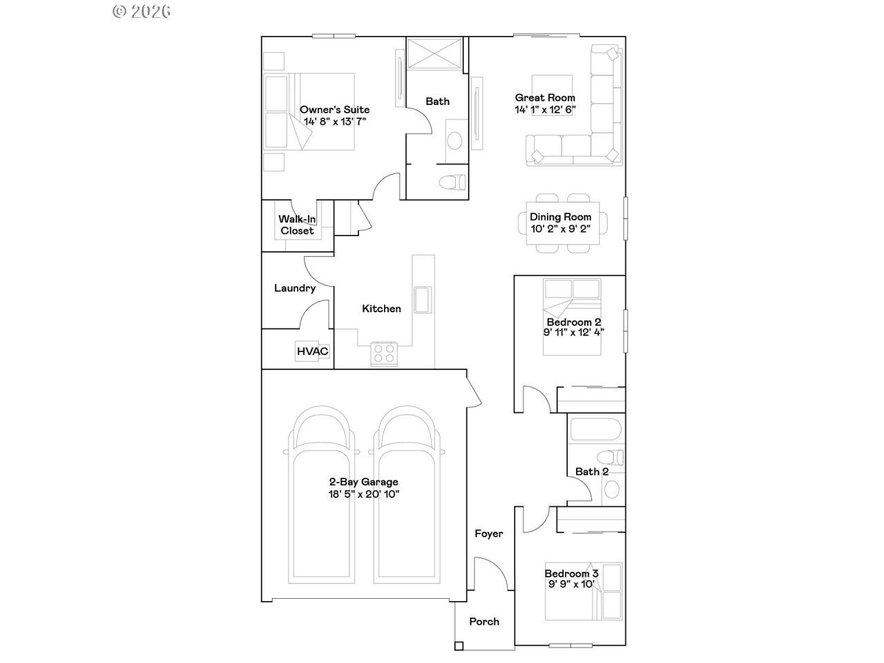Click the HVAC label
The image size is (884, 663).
tap(312, 352)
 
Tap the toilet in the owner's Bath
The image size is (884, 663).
tap(452, 182)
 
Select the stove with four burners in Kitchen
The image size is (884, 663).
tap(384, 354)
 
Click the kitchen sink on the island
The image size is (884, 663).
tap(423, 300)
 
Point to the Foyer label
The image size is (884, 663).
tap(488, 534)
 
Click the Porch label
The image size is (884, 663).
tap(484, 622)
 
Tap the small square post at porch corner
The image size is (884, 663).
tap(459, 646)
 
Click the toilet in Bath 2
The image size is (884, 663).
tap(610, 458)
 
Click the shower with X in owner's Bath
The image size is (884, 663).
tap(434, 54)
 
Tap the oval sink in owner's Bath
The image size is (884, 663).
tap(454, 140)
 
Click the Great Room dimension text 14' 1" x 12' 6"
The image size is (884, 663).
tap(545, 110)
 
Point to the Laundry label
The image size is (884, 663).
tap(295, 288)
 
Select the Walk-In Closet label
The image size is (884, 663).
tap(297, 225)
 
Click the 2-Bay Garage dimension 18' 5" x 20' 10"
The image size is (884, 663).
tap(364, 494)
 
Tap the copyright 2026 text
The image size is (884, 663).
tap(142, 12)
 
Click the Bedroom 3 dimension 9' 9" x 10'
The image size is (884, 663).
tap(571, 584)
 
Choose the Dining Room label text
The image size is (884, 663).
tap(561, 217)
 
